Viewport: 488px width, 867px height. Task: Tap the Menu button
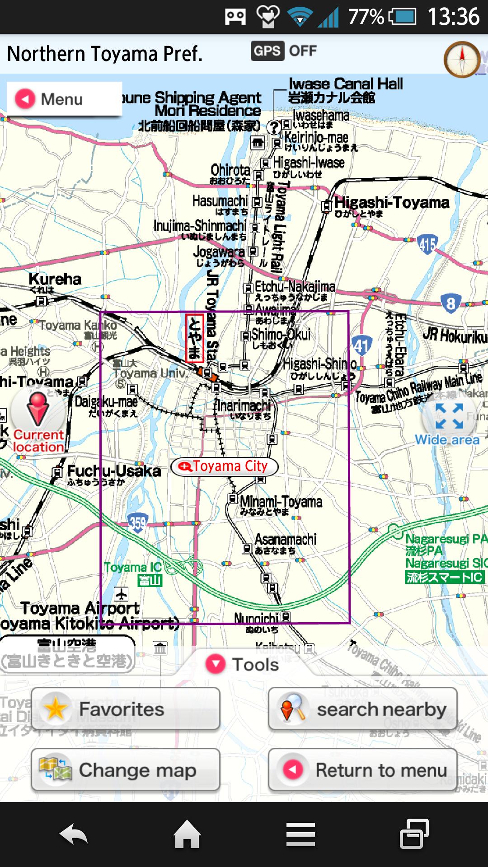[63, 99]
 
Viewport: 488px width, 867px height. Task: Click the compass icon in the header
[462, 59]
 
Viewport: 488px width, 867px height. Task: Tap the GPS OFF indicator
[284, 51]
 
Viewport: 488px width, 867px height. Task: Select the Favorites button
[126, 709]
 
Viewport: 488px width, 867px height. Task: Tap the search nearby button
[362, 709]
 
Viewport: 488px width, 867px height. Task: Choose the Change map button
[126, 770]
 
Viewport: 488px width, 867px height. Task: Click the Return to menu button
[362, 770]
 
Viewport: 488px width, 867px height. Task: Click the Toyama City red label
[225, 466]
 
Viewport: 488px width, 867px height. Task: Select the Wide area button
[448, 422]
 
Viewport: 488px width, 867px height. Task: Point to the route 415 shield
[427, 244]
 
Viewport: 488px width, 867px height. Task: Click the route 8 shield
[450, 303]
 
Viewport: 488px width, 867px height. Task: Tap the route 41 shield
[361, 346]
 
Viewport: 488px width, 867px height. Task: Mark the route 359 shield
[137, 523]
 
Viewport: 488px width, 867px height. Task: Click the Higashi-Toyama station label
[391, 203]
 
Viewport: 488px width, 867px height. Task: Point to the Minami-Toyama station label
[281, 502]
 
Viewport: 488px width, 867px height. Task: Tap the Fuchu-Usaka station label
[113, 471]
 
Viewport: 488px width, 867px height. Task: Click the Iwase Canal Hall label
[345, 84]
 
